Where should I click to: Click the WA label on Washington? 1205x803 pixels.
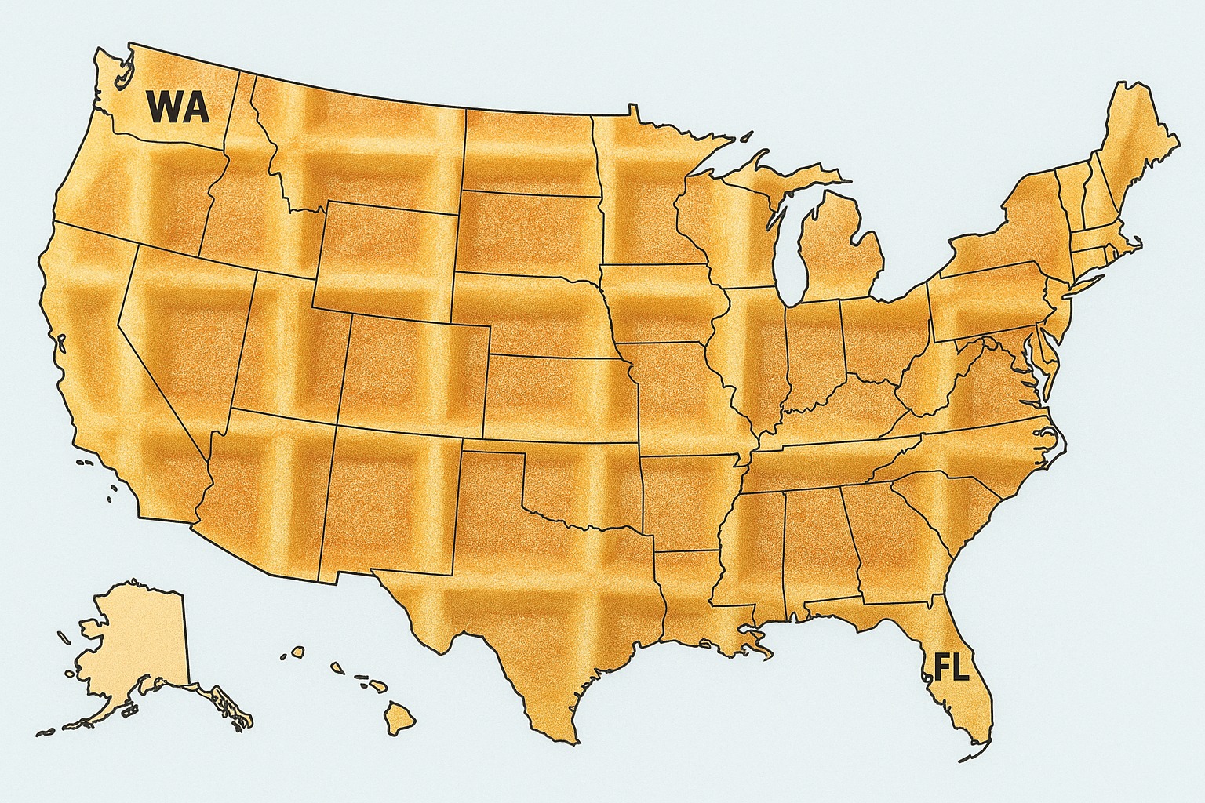178,107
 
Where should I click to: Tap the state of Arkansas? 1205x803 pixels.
686,502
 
